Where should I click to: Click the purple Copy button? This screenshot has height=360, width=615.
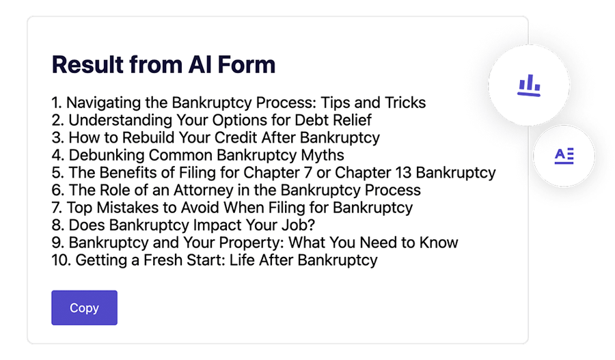[x=84, y=307]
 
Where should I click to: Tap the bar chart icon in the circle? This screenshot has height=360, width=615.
[x=528, y=85]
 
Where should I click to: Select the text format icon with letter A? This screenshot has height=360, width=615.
[x=564, y=156]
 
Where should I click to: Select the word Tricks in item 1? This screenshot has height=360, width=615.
[x=403, y=103]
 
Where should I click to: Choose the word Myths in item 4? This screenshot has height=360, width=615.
[x=321, y=156]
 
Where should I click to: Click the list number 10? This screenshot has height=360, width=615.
[x=59, y=260]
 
